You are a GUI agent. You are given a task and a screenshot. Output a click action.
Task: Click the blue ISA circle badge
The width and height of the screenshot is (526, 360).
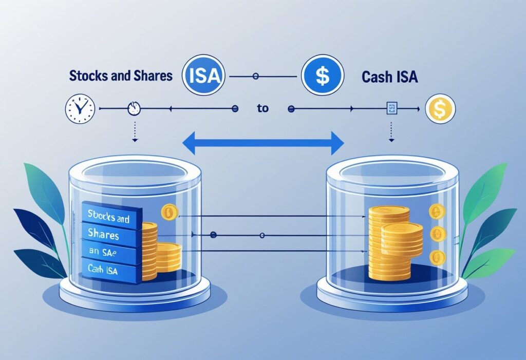pyautogui.click(x=203, y=77)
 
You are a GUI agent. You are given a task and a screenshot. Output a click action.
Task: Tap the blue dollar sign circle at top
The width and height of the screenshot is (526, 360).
pyautogui.click(x=322, y=77)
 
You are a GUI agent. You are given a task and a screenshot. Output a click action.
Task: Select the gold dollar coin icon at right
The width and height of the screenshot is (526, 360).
pyautogui.click(x=440, y=108)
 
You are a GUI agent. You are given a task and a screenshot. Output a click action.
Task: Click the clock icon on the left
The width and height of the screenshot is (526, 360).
pyautogui.click(x=80, y=108)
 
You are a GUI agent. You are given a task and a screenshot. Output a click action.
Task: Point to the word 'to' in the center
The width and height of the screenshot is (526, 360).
pyautogui.click(x=262, y=109)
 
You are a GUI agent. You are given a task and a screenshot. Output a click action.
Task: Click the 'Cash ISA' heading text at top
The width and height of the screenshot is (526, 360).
pyautogui.click(x=389, y=78)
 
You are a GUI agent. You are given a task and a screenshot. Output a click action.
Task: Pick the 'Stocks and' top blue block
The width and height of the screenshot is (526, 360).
pyautogui.click(x=109, y=217)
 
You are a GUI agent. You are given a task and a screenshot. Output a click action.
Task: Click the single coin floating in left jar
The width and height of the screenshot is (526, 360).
pyautogui.click(x=168, y=211)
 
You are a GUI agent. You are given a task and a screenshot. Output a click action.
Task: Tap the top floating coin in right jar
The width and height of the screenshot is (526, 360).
pyautogui.click(x=436, y=211)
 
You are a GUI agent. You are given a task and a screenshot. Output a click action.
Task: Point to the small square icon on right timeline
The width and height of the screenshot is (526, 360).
pyautogui.click(x=392, y=108)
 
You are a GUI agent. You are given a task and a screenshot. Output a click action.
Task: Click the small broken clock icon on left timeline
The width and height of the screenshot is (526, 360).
pyautogui.click(x=134, y=108)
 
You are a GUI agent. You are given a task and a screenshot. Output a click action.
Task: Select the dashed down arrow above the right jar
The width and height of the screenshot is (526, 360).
pyautogui.click(x=391, y=132)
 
